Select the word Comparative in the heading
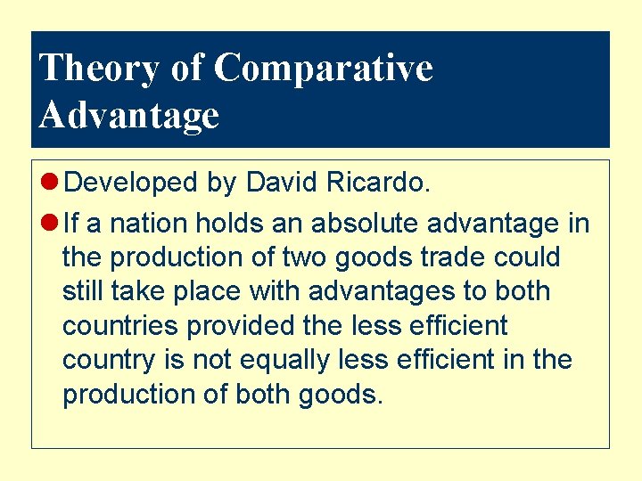(324, 68)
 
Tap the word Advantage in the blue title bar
(129, 115)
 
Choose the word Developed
(131, 183)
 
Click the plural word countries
(120, 326)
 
